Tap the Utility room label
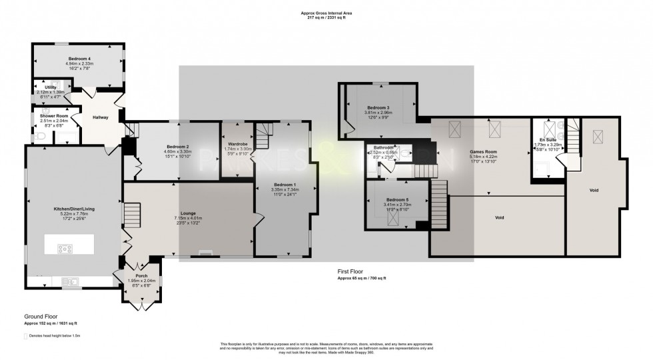[x=51, y=87]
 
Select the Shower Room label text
[x=54, y=116]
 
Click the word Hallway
[x=100, y=117]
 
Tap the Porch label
[x=141, y=275]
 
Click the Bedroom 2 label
[x=177, y=147]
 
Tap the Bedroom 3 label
[x=378, y=108]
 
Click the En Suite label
[x=548, y=139]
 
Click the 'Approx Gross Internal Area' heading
[x=326, y=11]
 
